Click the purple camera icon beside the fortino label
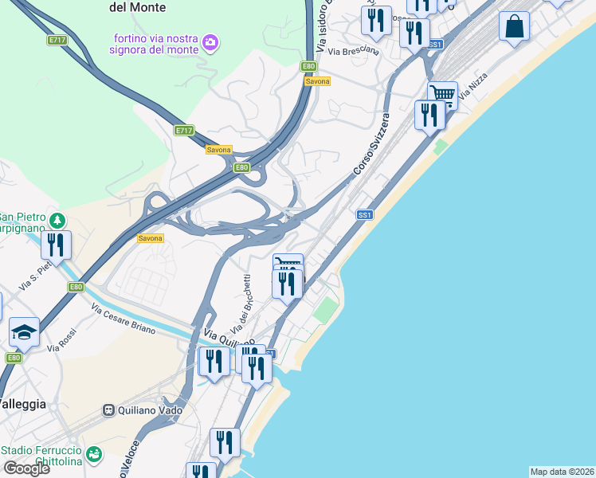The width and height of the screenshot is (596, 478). point(210,41)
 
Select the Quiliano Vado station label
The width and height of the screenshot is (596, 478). point(150,410)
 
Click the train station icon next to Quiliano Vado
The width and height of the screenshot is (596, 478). point(108,410)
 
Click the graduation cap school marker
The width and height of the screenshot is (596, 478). point(24,332)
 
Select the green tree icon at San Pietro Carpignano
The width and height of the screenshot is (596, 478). point(56,219)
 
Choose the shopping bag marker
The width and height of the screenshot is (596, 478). point(515,25)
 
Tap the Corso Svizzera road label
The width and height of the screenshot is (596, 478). point(372,144)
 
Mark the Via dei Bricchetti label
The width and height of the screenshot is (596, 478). point(241,304)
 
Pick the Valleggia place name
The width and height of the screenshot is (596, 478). point(22,404)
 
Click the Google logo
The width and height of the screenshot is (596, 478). point(26,468)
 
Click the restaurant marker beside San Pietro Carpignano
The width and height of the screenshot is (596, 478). point(56,245)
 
